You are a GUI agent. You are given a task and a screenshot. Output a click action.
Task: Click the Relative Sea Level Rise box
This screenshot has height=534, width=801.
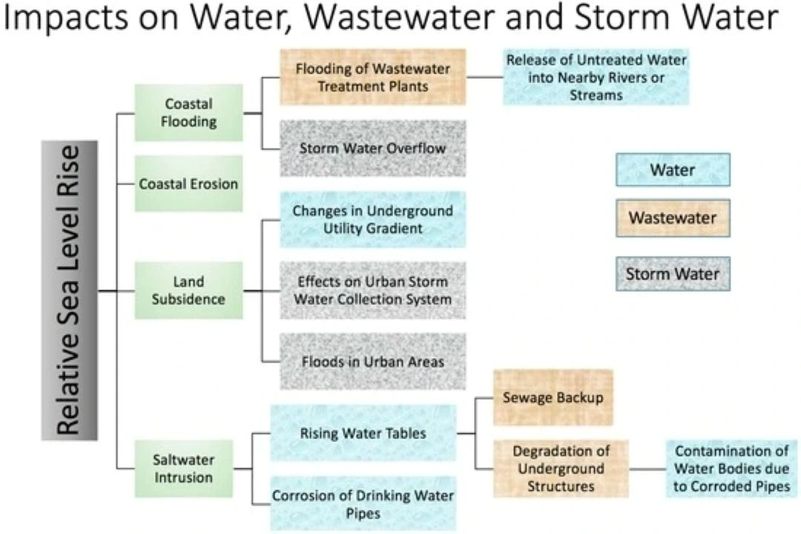pos(69,290)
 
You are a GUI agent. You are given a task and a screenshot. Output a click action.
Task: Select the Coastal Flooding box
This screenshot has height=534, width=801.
pos(188,113)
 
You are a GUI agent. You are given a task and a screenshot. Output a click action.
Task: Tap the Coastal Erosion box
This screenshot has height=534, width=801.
pos(188,183)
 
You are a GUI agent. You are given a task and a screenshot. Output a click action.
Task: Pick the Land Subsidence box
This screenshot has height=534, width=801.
pos(188,290)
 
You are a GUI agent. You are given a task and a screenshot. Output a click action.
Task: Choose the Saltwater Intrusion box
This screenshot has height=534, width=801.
pos(184,468)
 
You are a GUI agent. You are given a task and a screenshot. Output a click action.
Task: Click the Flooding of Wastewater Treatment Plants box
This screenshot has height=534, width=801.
pos(372,77)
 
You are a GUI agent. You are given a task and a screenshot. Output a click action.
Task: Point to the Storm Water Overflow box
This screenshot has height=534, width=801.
pos(372,149)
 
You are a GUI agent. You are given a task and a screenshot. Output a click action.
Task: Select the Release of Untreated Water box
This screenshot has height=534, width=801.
pos(596,77)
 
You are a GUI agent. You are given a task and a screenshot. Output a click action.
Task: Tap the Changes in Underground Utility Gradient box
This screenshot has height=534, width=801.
pos(372,220)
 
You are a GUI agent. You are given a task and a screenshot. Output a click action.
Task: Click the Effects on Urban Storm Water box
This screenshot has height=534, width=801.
pos(372,290)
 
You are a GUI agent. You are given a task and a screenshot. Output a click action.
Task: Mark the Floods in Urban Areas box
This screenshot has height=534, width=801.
pos(372,362)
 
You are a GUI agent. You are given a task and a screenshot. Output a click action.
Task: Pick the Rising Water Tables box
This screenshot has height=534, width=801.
pos(363,433)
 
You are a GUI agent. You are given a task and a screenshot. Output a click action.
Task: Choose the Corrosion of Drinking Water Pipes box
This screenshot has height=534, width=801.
pos(363,504)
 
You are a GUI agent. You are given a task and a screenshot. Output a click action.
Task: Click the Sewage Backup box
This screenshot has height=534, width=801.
pos(553,397)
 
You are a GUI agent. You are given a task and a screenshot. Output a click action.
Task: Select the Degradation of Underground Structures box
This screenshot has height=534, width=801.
pos(561,469)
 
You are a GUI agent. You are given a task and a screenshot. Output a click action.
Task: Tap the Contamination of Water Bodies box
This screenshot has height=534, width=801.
pos(731,469)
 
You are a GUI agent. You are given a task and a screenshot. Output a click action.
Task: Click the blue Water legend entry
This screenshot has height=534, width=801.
pos(673,170)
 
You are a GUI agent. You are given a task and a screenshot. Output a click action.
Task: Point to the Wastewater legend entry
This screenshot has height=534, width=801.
pos(673,218)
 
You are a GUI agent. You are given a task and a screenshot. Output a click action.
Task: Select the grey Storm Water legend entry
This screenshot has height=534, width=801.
pos(673,274)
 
